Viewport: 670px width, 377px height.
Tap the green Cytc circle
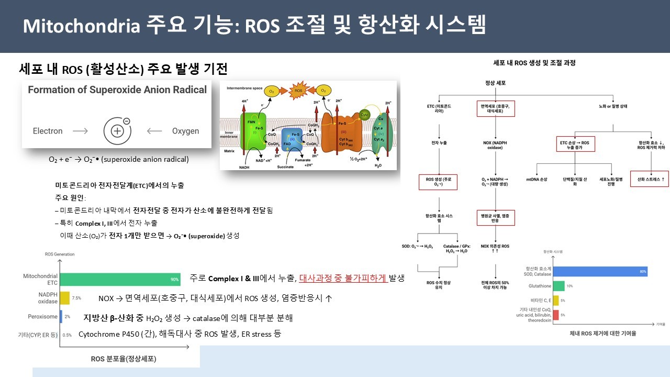pos(365,114)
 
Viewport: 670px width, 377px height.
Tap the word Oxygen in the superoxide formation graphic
pos(185,131)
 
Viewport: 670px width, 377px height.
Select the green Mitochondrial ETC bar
pos(120,279)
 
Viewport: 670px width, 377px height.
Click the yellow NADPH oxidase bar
pos(64,298)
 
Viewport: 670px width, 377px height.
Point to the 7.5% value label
pos(76,298)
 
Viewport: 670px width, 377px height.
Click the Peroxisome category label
pos(42,317)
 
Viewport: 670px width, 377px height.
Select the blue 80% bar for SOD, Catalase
pos(600,271)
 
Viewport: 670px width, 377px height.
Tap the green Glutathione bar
pos(559,286)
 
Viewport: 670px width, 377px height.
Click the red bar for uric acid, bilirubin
pos(556,315)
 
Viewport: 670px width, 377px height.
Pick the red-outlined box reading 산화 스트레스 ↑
pos(649,179)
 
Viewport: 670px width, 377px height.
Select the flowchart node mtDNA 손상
pos(537,180)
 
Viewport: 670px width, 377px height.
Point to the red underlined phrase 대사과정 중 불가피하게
pos(343,278)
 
